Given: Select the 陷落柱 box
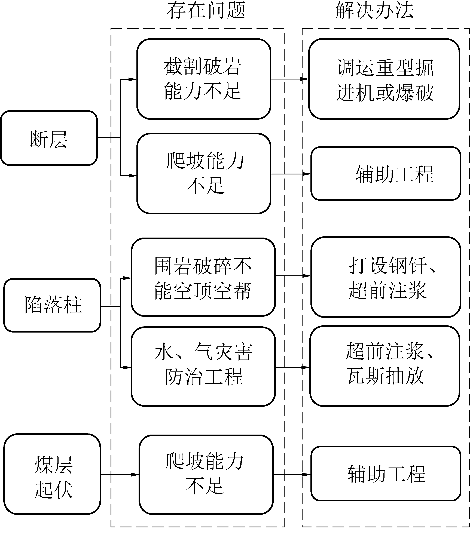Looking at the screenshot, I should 52,305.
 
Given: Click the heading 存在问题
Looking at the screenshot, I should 206,10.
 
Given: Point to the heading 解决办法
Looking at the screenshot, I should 374,10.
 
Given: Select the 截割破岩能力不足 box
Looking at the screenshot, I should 204,79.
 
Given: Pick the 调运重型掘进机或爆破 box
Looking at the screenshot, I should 384,79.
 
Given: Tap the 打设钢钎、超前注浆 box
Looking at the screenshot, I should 386,277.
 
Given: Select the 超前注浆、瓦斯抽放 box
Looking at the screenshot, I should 385,366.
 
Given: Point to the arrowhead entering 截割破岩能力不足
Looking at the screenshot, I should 133,79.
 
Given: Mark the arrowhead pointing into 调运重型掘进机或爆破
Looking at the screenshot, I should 305,79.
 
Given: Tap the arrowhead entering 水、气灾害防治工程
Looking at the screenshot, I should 127,367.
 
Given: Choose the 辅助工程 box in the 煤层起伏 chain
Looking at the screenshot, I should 386,474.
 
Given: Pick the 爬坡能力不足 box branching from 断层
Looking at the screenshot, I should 204,174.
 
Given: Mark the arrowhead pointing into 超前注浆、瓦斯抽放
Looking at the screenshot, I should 306,367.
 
